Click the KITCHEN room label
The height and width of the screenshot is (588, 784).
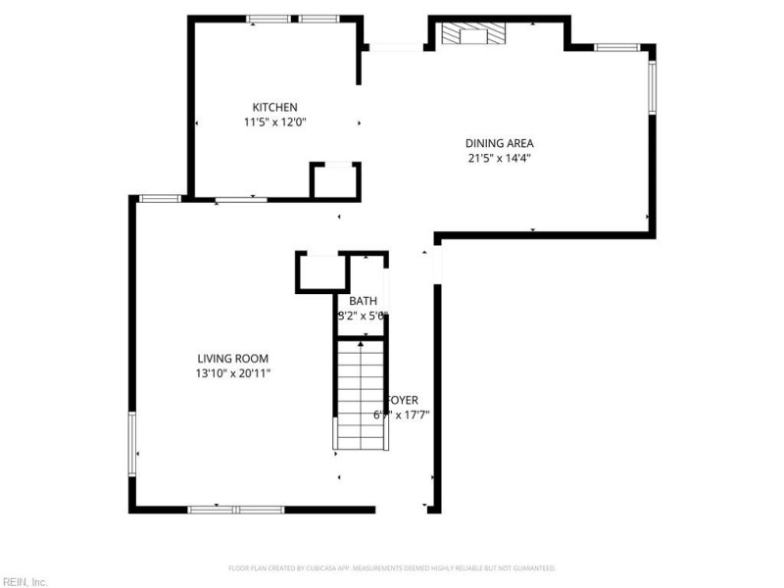[274, 107]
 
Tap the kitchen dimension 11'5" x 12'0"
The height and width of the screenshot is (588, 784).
[274, 122]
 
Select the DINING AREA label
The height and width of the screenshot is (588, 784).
[499, 143]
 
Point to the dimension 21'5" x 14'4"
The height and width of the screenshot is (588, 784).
[499, 158]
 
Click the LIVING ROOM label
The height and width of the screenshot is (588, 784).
[232, 359]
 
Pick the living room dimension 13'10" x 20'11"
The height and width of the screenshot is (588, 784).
[232, 373]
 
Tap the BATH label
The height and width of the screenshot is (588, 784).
[363, 301]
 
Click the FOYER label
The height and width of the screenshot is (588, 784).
[403, 400]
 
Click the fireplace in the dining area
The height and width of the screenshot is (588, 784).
[474, 36]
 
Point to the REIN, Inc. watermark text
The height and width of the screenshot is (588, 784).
[24, 581]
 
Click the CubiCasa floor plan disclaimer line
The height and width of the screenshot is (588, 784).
[392, 568]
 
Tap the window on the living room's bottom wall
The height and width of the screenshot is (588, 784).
[236, 509]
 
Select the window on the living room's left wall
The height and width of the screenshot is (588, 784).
[131, 443]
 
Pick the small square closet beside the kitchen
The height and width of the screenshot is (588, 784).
[335, 182]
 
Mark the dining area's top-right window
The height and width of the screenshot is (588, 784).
[617, 46]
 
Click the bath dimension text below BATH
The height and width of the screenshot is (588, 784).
[363, 316]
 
